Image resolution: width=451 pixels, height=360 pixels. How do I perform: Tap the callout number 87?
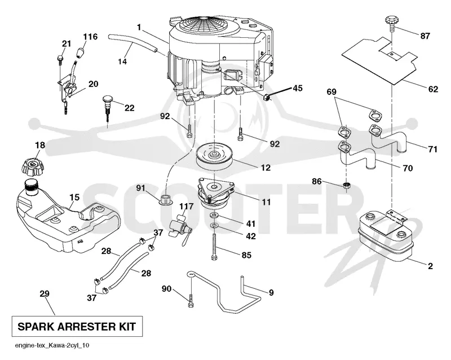click(425, 36)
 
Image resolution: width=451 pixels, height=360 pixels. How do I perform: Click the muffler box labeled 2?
click(386, 234)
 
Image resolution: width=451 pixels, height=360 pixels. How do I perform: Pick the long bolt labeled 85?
click(214, 247)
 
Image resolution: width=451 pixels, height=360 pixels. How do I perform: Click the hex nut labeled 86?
click(347, 185)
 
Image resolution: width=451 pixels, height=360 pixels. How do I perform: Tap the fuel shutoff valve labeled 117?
click(180, 227)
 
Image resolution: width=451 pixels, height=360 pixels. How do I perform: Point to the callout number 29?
click(45, 293)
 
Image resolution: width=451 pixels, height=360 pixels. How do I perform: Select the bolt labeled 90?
click(191, 300)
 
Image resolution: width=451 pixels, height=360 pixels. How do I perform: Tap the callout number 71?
click(432, 149)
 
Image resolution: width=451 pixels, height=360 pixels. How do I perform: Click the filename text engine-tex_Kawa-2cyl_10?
click(52, 345)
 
